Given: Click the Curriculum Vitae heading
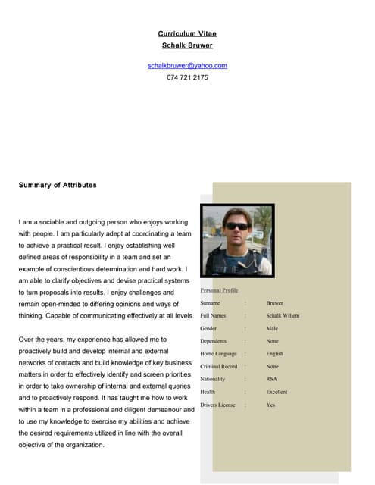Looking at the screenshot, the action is pyautogui.click(x=187, y=34).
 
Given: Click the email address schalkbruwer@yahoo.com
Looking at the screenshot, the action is pyautogui.click(x=187, y=66).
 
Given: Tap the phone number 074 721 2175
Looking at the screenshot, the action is pyautogui.click(x=187, y=77).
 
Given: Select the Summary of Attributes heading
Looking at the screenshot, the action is pyautogui.click(x=58, y=185).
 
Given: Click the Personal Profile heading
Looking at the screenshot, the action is pyautogui.click(x=219, y=290).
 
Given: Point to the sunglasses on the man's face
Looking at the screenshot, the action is pyautogui.click(x=237, y=226).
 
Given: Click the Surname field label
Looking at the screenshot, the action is pyautogui.click(x=210, y=303).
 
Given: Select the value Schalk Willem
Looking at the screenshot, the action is pyautogui.click(x=283, y=316).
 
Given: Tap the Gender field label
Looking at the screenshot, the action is pyautogui.click(x=208, y=329).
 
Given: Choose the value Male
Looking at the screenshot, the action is pyautogui.click(x=272, y=329).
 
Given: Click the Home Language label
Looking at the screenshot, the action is pyautogui.click(x=218, y=354).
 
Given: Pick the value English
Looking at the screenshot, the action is pyautogui.click(x=274, y=354).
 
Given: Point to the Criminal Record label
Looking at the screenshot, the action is pyautogui.click(x=218, y=367).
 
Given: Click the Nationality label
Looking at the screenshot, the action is pyautogui.click(x=212, y=379).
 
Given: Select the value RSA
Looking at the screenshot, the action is pyautogui.click(x=271, y=379).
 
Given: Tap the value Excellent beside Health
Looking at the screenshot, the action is pyautogui.click(x=277, y=392).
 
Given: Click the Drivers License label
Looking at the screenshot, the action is pyautogui.click(x=218, y=405).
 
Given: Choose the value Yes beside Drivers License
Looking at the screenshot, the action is pyautogui.click(x=270, y=405).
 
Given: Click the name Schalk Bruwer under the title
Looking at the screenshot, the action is pyautogui.click(x=187, y=45).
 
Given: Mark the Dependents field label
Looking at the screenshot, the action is pyautogui.click(x=213, y=342).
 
